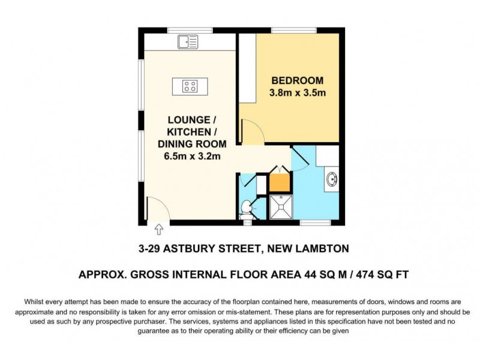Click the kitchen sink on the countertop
tap(188, 41)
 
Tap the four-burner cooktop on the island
tap(190, 86)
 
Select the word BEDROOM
tap(298, 80)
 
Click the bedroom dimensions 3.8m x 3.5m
tap(298, 93)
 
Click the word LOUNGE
tap(189, 119)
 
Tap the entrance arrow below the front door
tap(159, 229)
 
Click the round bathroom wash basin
tap(331, 179)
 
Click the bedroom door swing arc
tap(251, 130)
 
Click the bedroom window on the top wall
tap(289, 30)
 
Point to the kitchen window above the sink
tap(190, 30)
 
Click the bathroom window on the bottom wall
tap(315, 223)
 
